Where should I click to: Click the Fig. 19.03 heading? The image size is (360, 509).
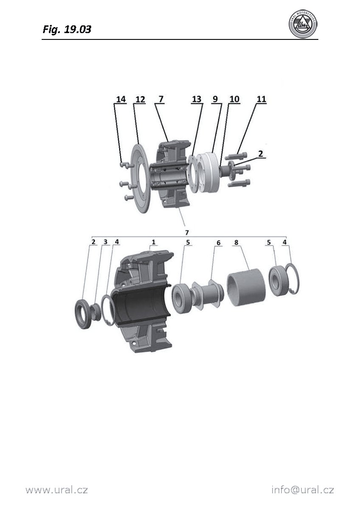[x=67, y=30]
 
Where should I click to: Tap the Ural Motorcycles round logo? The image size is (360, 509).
[x=303, y=24]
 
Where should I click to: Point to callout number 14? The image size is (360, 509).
[x=121, y=99]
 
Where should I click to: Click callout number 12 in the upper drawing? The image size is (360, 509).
[x=140, y=99]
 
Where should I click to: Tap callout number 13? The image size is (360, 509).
[x=197, y=99]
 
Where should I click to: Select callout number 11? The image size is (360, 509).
[x=262, y=99]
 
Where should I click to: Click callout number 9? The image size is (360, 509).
[x=215, y=99]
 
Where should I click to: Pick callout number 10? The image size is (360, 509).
[x=234, y=99]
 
